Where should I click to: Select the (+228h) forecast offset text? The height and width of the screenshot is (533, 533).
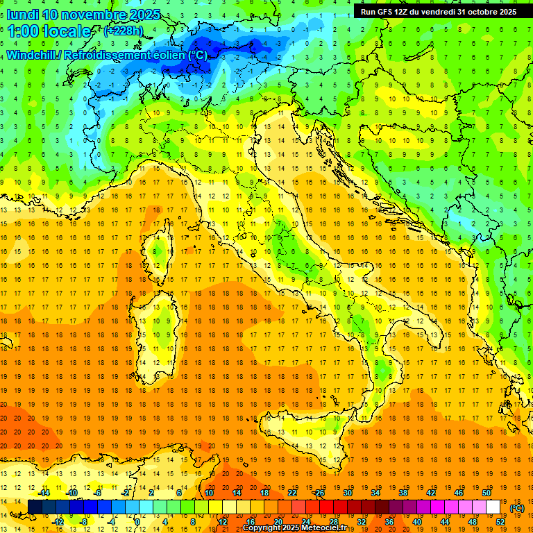point(124,31)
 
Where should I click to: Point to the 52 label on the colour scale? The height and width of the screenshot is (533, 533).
point(500,521)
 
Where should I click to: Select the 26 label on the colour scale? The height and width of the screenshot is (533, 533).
point(319,492)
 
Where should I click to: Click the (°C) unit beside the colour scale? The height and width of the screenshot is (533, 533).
point(517,507)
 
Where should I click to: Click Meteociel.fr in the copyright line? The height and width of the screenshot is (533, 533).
point(319,528)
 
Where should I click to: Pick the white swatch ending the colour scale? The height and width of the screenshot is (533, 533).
point(493,507)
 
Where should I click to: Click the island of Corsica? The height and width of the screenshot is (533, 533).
point(159,249)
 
